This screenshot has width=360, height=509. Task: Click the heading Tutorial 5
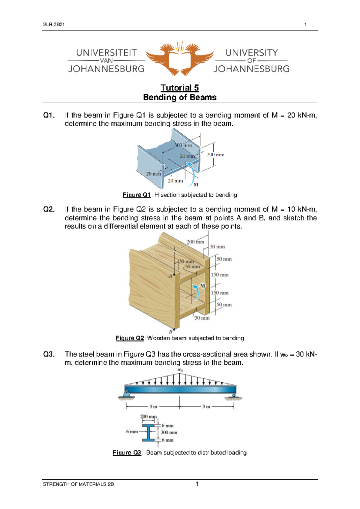[179, 88]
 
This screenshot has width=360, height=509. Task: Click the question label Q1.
[49, 115]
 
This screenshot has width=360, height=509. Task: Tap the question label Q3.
[49, 354]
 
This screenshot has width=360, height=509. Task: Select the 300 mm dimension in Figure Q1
[183, 145]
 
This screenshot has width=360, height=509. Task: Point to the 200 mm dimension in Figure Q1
[215, 155]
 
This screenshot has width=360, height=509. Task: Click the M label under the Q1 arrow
[196, 185]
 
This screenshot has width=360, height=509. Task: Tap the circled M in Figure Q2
[202, 286]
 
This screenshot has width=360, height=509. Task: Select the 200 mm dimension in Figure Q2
[195, 242]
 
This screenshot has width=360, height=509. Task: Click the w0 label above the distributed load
[180, 370]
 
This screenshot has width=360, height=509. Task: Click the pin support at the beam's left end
[126, 394]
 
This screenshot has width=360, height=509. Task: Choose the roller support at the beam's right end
[233, 396]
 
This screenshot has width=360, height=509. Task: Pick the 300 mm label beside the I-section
[169, 432]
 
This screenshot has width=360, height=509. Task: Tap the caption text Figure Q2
[130, 338]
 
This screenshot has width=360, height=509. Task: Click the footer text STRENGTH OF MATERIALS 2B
[78, 484]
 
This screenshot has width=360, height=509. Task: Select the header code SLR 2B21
[54, 25]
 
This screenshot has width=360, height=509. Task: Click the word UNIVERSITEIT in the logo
[106, 53]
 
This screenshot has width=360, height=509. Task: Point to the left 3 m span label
[153, 407]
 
